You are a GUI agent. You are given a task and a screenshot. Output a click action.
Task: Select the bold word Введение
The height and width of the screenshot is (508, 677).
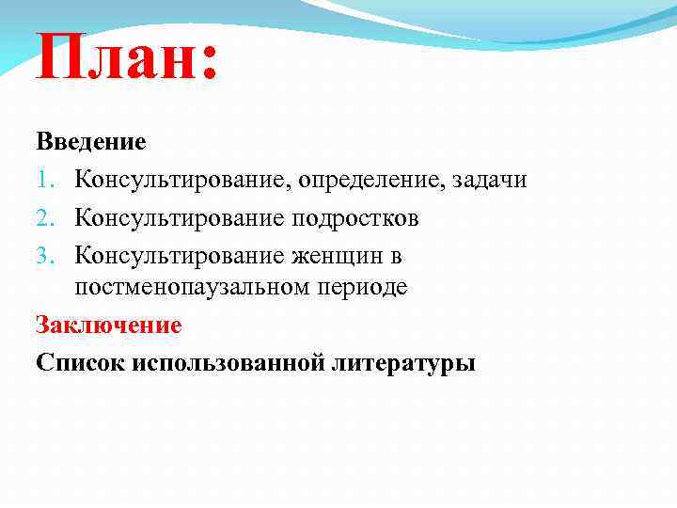click(91, 143)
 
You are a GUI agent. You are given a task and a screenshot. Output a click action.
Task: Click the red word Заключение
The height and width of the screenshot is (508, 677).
click(108, 325)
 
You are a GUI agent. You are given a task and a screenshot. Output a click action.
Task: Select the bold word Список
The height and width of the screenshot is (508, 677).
click(81, 362)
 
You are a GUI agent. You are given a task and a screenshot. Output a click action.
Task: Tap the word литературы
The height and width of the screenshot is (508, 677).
click(403, 363)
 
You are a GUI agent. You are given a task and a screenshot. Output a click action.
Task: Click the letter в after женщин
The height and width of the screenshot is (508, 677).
click(396, 256)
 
